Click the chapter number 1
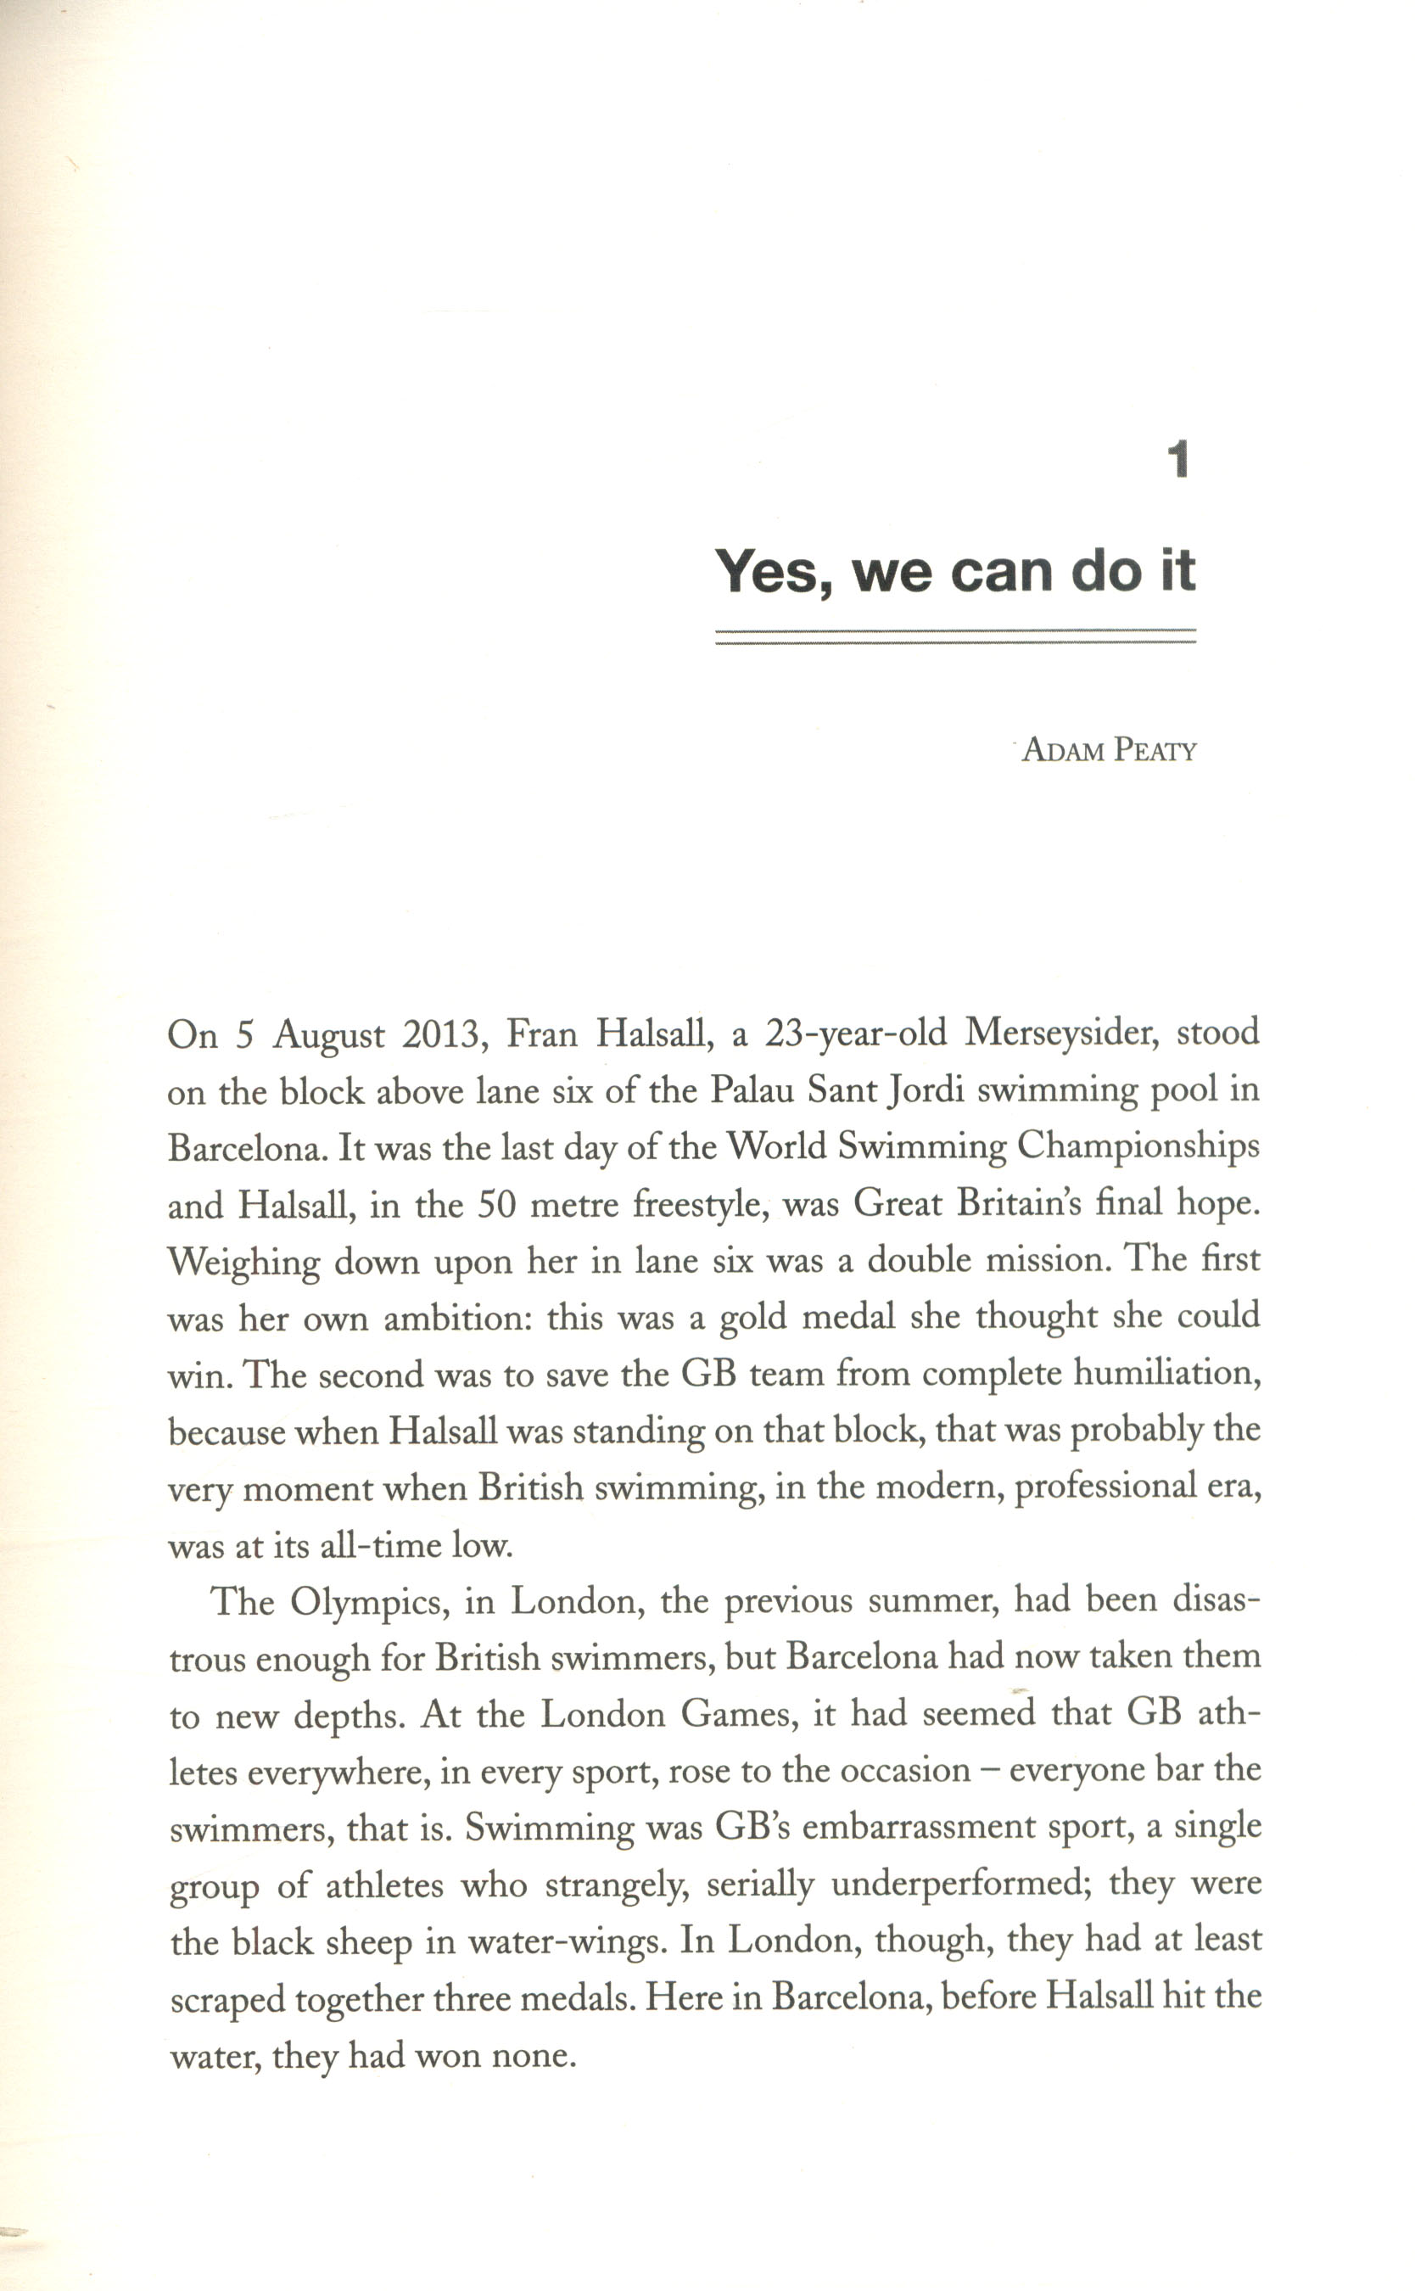[1179, 460]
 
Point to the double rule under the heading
[955, 636]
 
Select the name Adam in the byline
[1062, 751]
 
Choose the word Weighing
[243, 1263]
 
